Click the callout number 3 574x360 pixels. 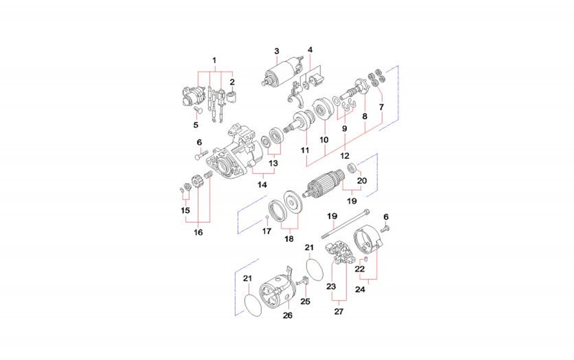(277, 51)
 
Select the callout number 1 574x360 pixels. (215, 60)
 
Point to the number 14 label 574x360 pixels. (262, 185)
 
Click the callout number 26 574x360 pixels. (288, 315)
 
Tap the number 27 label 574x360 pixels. (339, 311)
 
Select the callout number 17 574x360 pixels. (267, 231)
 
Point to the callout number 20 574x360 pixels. (362, 180)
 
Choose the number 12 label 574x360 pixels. (345, 156)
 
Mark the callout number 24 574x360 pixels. (361, 289)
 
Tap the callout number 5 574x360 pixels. (196, 125)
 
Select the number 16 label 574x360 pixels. (198, 232)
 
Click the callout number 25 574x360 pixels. (305, 301)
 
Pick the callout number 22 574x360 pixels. (360, 269)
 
